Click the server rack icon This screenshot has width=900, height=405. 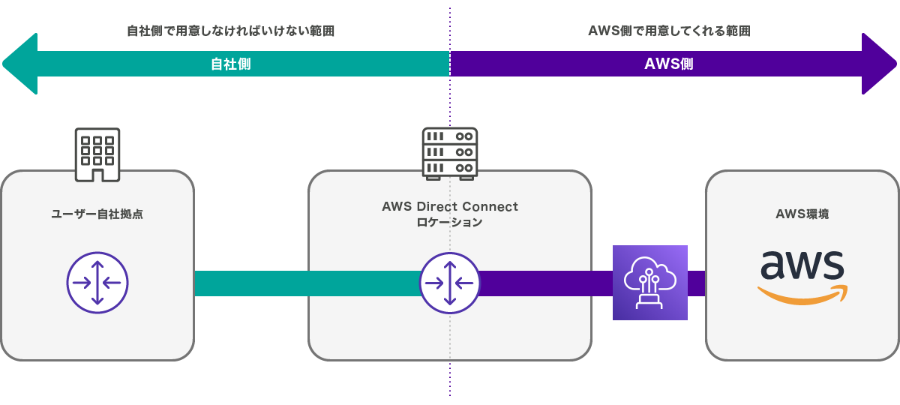[x=450, y=153]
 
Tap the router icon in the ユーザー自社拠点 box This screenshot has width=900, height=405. [x=97, y=283]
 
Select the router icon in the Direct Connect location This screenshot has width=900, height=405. [x=450, y=283]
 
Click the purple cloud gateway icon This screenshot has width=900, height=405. [x=650, y=283]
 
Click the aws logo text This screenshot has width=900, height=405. [x=802, y=265]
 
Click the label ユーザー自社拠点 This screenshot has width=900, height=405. [x=97, y=214]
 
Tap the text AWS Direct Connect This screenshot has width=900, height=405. [x=450, y=206]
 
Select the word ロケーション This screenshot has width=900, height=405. [x=450, y=223]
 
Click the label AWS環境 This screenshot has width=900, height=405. [x=802, y=214]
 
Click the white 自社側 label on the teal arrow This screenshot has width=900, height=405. [x=230, y=64]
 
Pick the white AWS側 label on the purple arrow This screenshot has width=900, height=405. [x=669, y=64]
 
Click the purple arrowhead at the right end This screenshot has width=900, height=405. [x=879, y=64]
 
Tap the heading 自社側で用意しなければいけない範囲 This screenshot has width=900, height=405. [x=230, y=31]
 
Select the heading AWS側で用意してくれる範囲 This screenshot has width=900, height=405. [x=669, y=31]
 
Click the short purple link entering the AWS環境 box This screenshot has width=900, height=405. [x=697, y=283]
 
